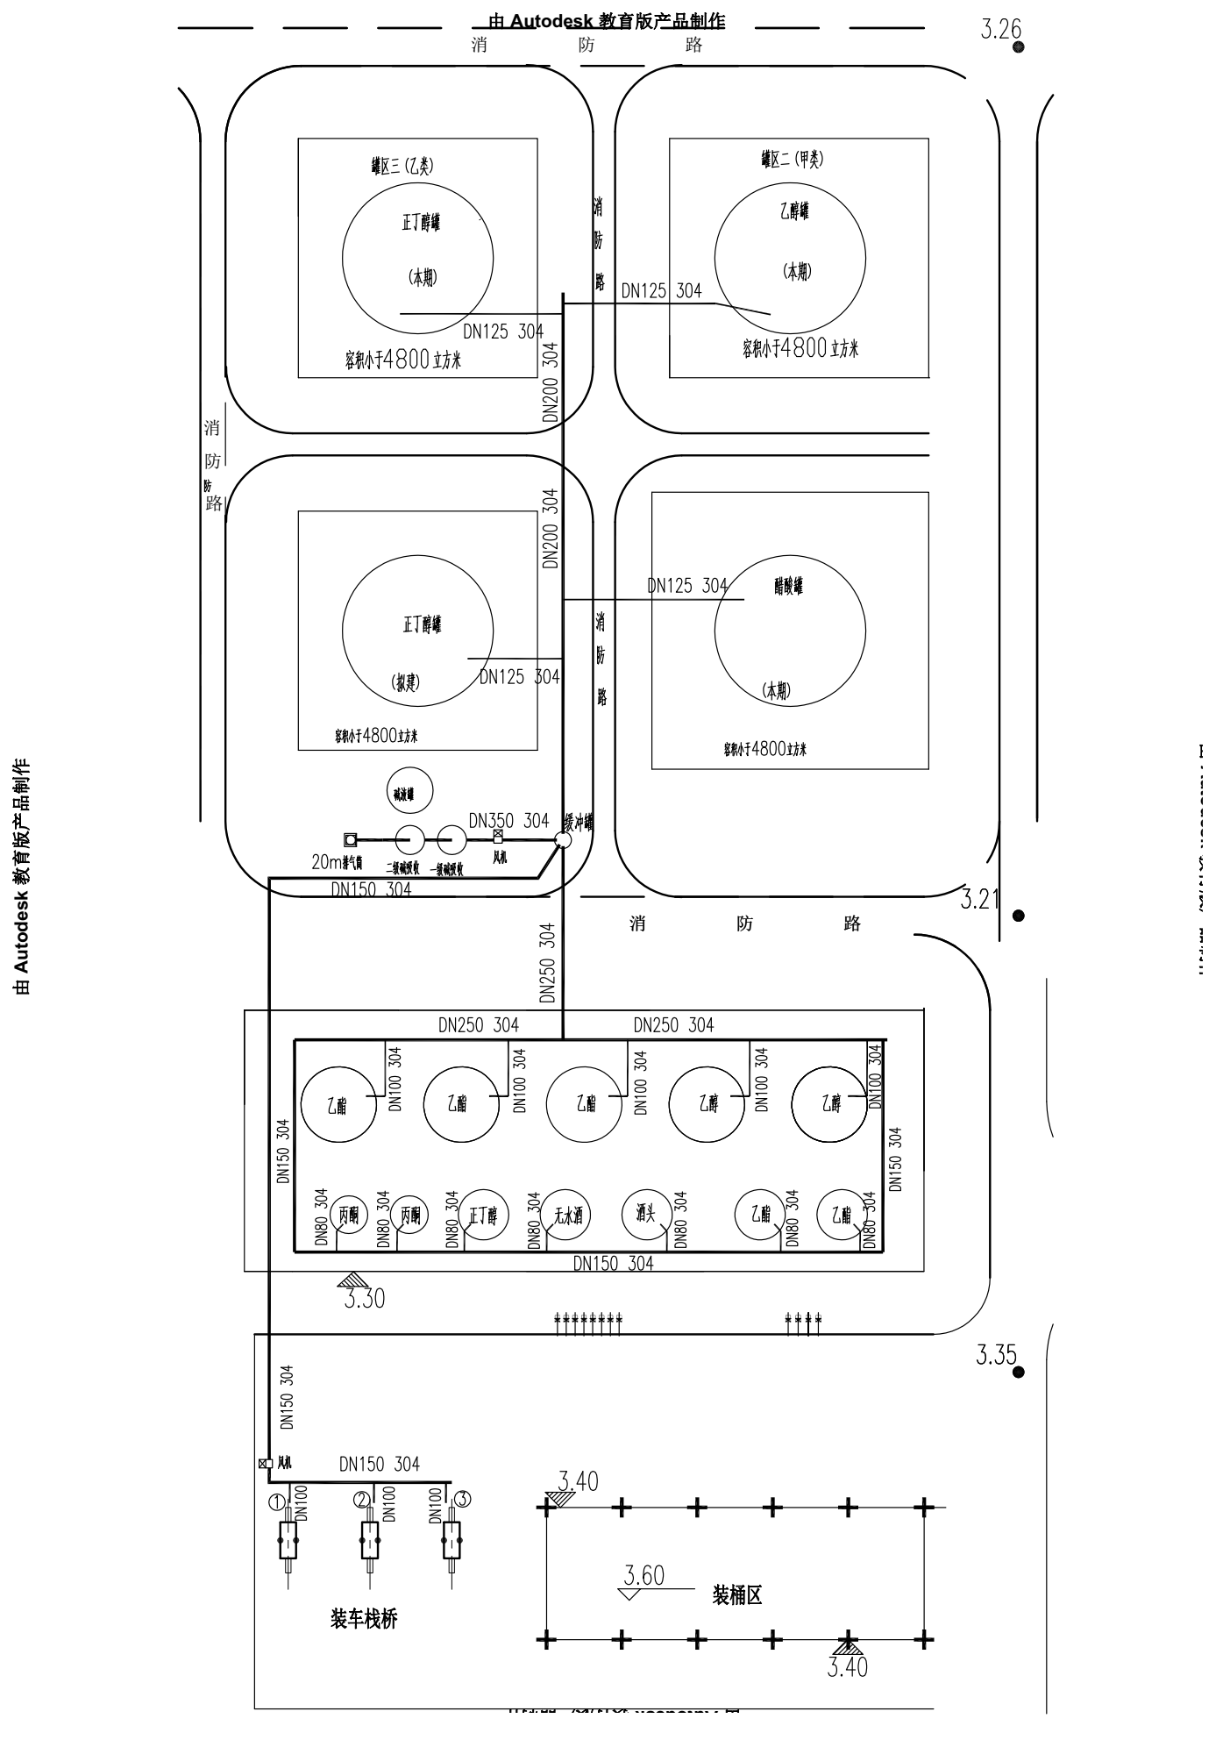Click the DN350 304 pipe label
[508, 821]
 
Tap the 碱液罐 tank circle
[409, 790]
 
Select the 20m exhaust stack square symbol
[350, 839]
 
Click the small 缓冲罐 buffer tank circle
[563, 840]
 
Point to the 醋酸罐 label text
[788, 586]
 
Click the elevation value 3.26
[1000, 30]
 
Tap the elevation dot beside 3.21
[1018, 916]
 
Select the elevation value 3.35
[996, 1355]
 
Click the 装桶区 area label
[736, 1595]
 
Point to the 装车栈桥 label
[364, 1619]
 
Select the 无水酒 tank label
[566, 1216]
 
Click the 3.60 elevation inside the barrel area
[644, 1576]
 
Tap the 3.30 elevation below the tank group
[364, 1299]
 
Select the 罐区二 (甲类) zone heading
[792, 159]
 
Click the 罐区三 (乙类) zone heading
[402, 165]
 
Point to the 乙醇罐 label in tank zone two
[794, 211]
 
